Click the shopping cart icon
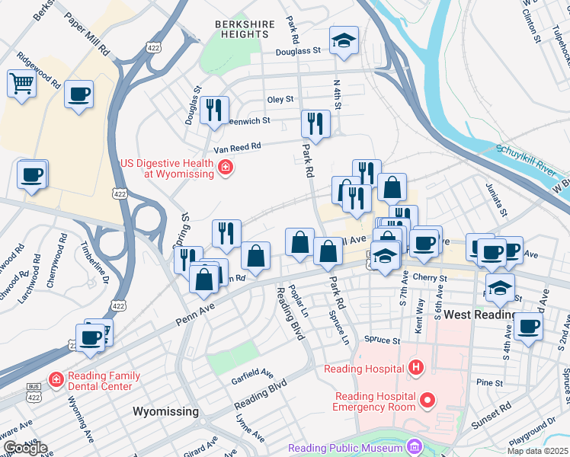pos(21,83)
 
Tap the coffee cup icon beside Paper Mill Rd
pos(78,94)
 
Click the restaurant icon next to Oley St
pos(214,110)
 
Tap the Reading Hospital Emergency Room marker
pos(427,399)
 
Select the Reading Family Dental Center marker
pos(56,379)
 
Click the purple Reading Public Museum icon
pos(414,447)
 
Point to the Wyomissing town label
pos(165,411)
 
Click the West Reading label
pos(479,315)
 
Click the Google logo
pos(24,448)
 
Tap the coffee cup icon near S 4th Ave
pos(527,325)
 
